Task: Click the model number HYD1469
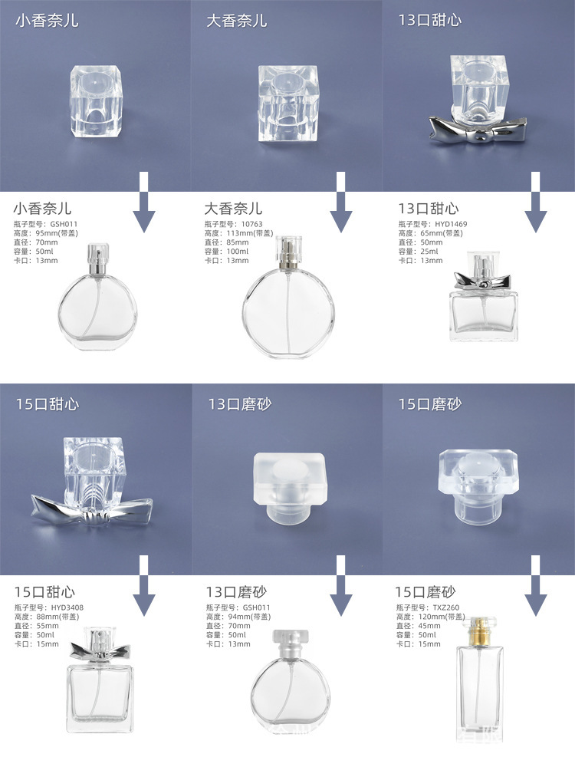452,224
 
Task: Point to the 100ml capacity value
237,252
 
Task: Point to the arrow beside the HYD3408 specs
143,586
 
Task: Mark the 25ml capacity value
429,252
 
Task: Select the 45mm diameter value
426,626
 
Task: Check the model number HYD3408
69,607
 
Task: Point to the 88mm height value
50,617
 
